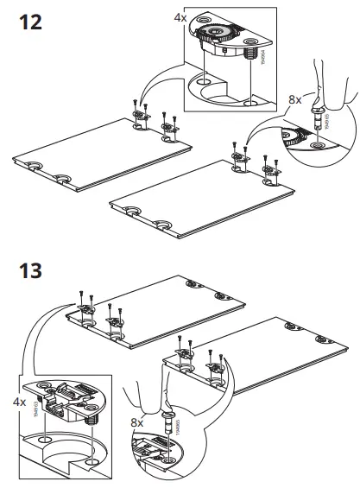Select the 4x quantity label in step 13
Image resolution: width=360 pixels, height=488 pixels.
point(17,402)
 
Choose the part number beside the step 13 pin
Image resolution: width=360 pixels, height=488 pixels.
point(178,423)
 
